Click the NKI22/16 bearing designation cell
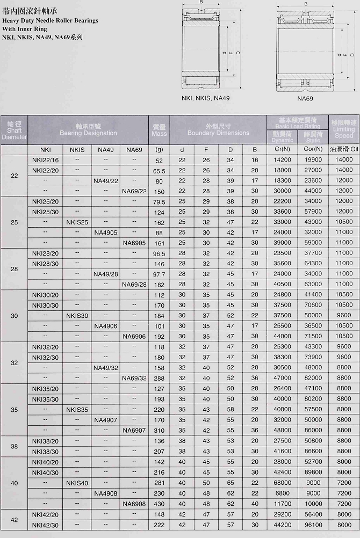[x=46, y=160]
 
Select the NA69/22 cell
[x=134, y=191]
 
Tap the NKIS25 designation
[x=77, y=222]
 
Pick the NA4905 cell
[x=105, y=232]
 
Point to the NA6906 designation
[x=134, y=336]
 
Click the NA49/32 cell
[x=105, y=368]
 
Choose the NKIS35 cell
[x=77, y=409]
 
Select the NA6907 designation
[x=134, y=430]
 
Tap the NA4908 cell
[x=105, y=493]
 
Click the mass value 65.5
[x=159, y=170]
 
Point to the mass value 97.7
[x=159, y=274]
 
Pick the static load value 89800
[x=313, y=472]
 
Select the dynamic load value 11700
[x=282, y=504]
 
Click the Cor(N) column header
[x=313, y=149]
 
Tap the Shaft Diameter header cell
[x=14, y=130]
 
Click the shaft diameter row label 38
[x=14, y=446]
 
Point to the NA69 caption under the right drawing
[x=305, y=98]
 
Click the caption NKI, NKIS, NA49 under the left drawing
[x=205, y=98]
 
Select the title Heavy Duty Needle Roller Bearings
[x=50, y=20]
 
